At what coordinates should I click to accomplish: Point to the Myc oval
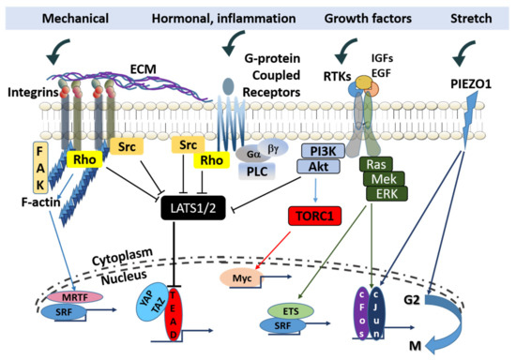[244, 277]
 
